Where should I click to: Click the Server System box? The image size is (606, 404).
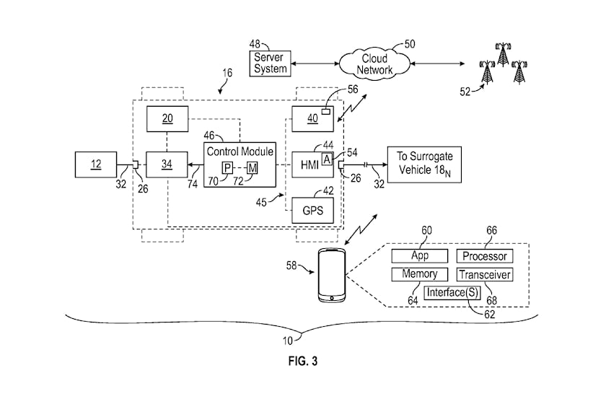270,63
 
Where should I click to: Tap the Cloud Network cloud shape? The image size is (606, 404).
374,64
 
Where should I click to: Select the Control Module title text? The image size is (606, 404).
240,151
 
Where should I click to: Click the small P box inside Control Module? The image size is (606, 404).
227,168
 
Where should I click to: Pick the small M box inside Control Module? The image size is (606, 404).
252,168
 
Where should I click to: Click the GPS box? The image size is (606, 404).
312,211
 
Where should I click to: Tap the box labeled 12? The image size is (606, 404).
96,164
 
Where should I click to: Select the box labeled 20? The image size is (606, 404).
167,119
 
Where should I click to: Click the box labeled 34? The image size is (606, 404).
167,164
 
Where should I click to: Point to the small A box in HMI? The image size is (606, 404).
327,159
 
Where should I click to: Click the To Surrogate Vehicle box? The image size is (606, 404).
424,164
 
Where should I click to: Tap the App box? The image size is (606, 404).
420,256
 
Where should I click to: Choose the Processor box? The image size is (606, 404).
485,256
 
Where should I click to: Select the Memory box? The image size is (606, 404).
420,274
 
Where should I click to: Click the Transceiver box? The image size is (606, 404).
485,274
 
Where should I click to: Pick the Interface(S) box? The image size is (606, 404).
452,293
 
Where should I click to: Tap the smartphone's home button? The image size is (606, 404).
332,298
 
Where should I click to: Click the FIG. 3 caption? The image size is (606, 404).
303,361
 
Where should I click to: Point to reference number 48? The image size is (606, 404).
255,44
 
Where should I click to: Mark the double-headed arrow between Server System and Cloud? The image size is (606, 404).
315,63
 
